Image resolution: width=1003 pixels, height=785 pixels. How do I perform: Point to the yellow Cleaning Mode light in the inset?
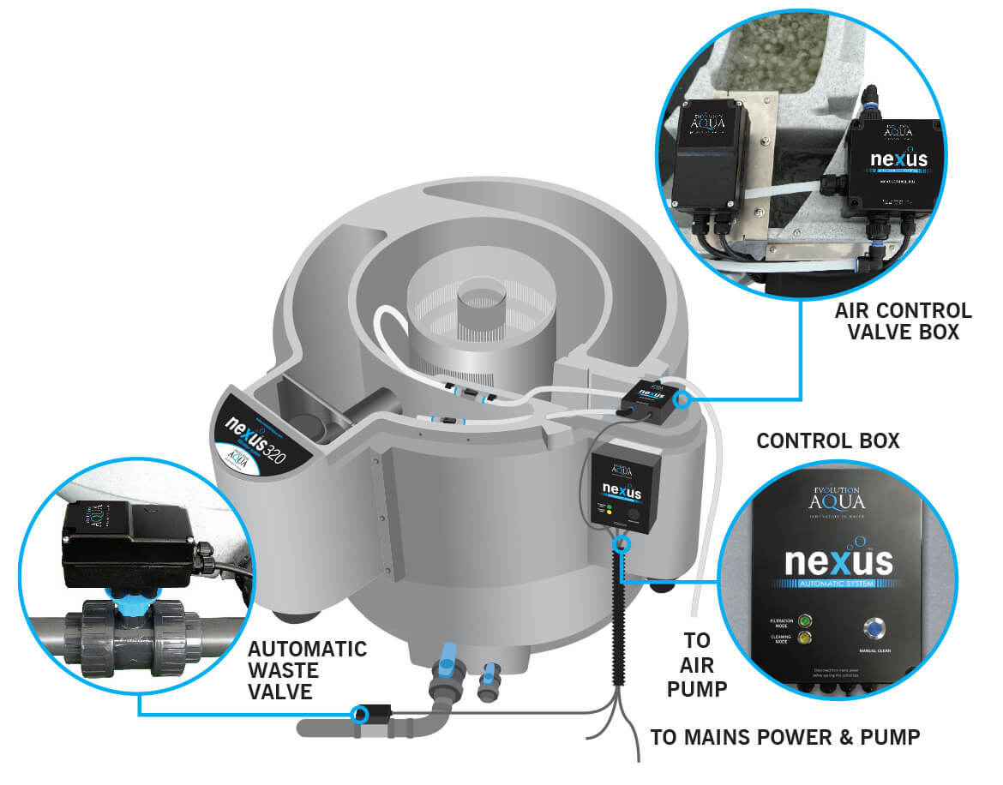tap(803, 638)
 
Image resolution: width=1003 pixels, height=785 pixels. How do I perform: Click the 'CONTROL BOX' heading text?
tap(827, 441)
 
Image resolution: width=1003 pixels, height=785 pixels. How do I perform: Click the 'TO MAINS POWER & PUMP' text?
tap(785, 736)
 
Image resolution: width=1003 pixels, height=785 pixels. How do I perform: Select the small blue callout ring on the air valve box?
tap(682, 398)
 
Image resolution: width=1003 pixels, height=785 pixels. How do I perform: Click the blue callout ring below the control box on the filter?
tap(622, 544)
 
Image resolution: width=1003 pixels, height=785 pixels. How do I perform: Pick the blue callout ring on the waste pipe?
tap(362, 713)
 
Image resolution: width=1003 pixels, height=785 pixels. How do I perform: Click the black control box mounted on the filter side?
tap(625, 486)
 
